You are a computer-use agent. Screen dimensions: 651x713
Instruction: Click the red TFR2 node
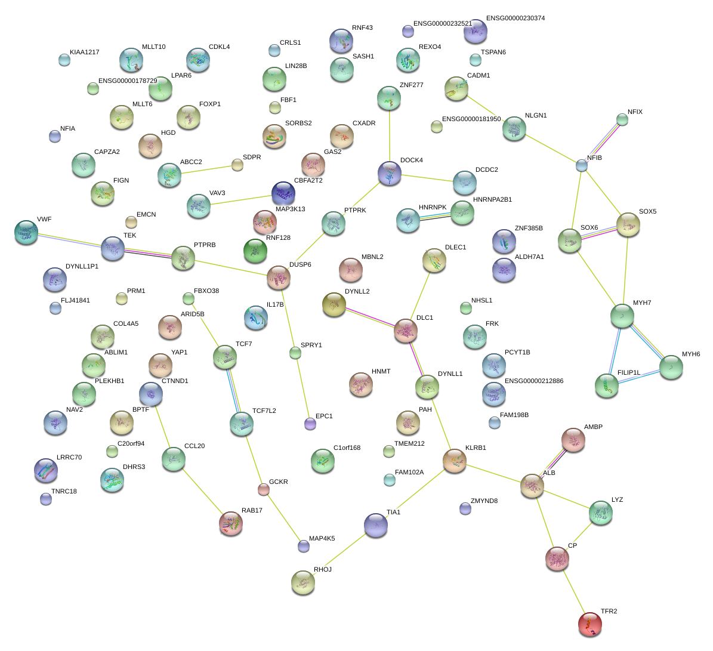click(589, 624)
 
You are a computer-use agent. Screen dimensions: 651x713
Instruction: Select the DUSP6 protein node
click(278, 277)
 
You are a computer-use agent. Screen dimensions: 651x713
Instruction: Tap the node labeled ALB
click(531, 486)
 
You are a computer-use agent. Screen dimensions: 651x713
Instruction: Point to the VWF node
click(26, 232)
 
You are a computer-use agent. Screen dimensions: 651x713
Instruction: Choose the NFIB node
click(582, 165)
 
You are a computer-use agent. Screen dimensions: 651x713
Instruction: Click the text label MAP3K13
click(290, 209)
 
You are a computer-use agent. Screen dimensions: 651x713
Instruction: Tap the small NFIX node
click(622, 119)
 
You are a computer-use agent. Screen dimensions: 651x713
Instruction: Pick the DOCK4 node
click(390, 173)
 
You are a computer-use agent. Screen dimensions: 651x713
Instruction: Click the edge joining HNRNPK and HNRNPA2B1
click(435, 217)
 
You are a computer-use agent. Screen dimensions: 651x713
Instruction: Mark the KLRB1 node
click(454, 461)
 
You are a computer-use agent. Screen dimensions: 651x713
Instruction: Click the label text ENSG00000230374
click(515, 18)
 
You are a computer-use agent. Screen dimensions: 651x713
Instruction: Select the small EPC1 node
click(310, 424)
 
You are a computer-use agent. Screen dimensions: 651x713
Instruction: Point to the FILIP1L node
click(606, 385)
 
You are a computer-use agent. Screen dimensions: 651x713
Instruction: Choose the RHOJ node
click(303, 582)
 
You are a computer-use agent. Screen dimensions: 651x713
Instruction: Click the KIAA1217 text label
click(84, 53)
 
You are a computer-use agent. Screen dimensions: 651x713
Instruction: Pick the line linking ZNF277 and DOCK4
click(390, 135)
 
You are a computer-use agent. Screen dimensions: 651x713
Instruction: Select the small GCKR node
click(263, 490)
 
